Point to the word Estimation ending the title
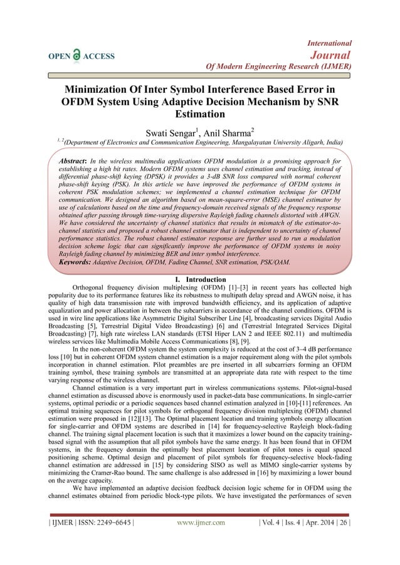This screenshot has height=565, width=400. click(199, 115)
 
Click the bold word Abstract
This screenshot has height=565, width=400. click(66, 162)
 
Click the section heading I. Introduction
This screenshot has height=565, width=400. click(199, 279)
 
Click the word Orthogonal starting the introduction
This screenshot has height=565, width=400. click(95, 287)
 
